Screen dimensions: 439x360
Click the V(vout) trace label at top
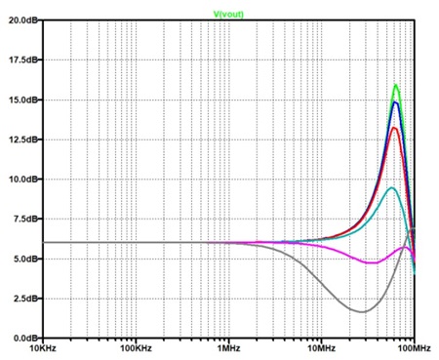228,14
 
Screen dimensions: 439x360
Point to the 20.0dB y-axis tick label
22,20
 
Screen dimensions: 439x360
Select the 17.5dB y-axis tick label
22,60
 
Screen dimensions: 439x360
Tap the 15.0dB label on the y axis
22,100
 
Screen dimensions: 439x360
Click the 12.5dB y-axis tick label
22,140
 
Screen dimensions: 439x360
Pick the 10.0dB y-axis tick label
22,180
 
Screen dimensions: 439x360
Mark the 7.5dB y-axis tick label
24,219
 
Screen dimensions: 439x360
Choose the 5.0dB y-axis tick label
24,259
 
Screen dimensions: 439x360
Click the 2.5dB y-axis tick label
24,299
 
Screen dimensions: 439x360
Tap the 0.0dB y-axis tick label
24,339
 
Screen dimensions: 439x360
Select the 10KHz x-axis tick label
43,348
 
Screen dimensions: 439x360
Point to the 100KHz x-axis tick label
136,348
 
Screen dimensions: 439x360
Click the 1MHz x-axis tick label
229,348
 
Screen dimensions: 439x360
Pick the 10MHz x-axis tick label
322,348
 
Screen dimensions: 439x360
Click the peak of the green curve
396,85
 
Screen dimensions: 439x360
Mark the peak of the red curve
394,128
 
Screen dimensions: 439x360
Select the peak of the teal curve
392,187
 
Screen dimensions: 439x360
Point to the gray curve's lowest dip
362,312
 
